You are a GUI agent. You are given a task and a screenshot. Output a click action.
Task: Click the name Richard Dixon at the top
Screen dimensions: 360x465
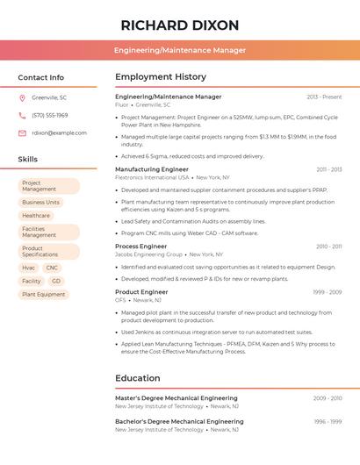pyautogui.click(x=180, y=25)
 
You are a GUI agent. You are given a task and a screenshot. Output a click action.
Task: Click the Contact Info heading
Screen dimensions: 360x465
pyautogui.click(x=41, y=77)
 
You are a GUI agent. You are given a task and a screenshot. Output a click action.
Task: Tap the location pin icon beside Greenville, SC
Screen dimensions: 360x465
pyautogui.click(x=22, y=97)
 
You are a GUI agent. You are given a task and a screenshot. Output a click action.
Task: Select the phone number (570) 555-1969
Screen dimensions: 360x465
pyautogui.click(x=49, y=115)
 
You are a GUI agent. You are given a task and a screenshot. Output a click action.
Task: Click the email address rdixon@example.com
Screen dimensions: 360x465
pyautogui.click(x=59, y=132)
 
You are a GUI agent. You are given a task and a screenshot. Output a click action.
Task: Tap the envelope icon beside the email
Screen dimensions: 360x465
pyautogui.click(x=22, y=132)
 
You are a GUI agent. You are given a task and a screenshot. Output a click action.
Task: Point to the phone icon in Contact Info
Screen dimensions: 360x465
pyautogui.click(x=22, y=115)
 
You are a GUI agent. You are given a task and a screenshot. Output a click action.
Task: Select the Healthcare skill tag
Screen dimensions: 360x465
pyautogui.click(x=36, y=215)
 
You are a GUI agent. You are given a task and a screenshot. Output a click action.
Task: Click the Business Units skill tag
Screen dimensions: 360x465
pyautogui.click(x=40, y=202)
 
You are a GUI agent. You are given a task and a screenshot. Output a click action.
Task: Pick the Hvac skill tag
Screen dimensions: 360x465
pyautogui.click(x=29, y=268)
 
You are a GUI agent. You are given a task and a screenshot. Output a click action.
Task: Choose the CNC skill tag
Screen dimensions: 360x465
pyautogui.click(x=52, y=268)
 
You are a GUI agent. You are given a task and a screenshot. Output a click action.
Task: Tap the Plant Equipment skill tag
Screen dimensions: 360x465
pyautogui.click(x=44, y=294)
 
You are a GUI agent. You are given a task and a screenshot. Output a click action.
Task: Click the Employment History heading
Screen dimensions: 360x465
pyautogui.click(x=161, y=77)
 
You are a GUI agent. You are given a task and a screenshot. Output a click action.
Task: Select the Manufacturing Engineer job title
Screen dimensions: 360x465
pyautogui.click(x=152, y=169)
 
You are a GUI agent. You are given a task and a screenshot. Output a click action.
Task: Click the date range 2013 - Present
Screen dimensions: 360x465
pyautogui.click(x=324, y=97)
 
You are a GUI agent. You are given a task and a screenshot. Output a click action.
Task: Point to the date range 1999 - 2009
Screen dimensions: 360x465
pyautogui.click(x=327, y=291)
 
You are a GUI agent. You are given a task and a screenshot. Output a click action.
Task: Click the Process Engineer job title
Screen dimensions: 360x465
pyautogui.click(x=140, y=247)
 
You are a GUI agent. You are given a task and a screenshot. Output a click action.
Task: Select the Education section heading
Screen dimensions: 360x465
pyautogui.click(x=137, y=378)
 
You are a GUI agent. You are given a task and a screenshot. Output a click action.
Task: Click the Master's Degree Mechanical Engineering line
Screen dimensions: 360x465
pyautogui.click(x=176, y=398)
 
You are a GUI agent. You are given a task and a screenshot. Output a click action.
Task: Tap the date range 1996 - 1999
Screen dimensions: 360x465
pyautogui.click(x=328, y=421)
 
